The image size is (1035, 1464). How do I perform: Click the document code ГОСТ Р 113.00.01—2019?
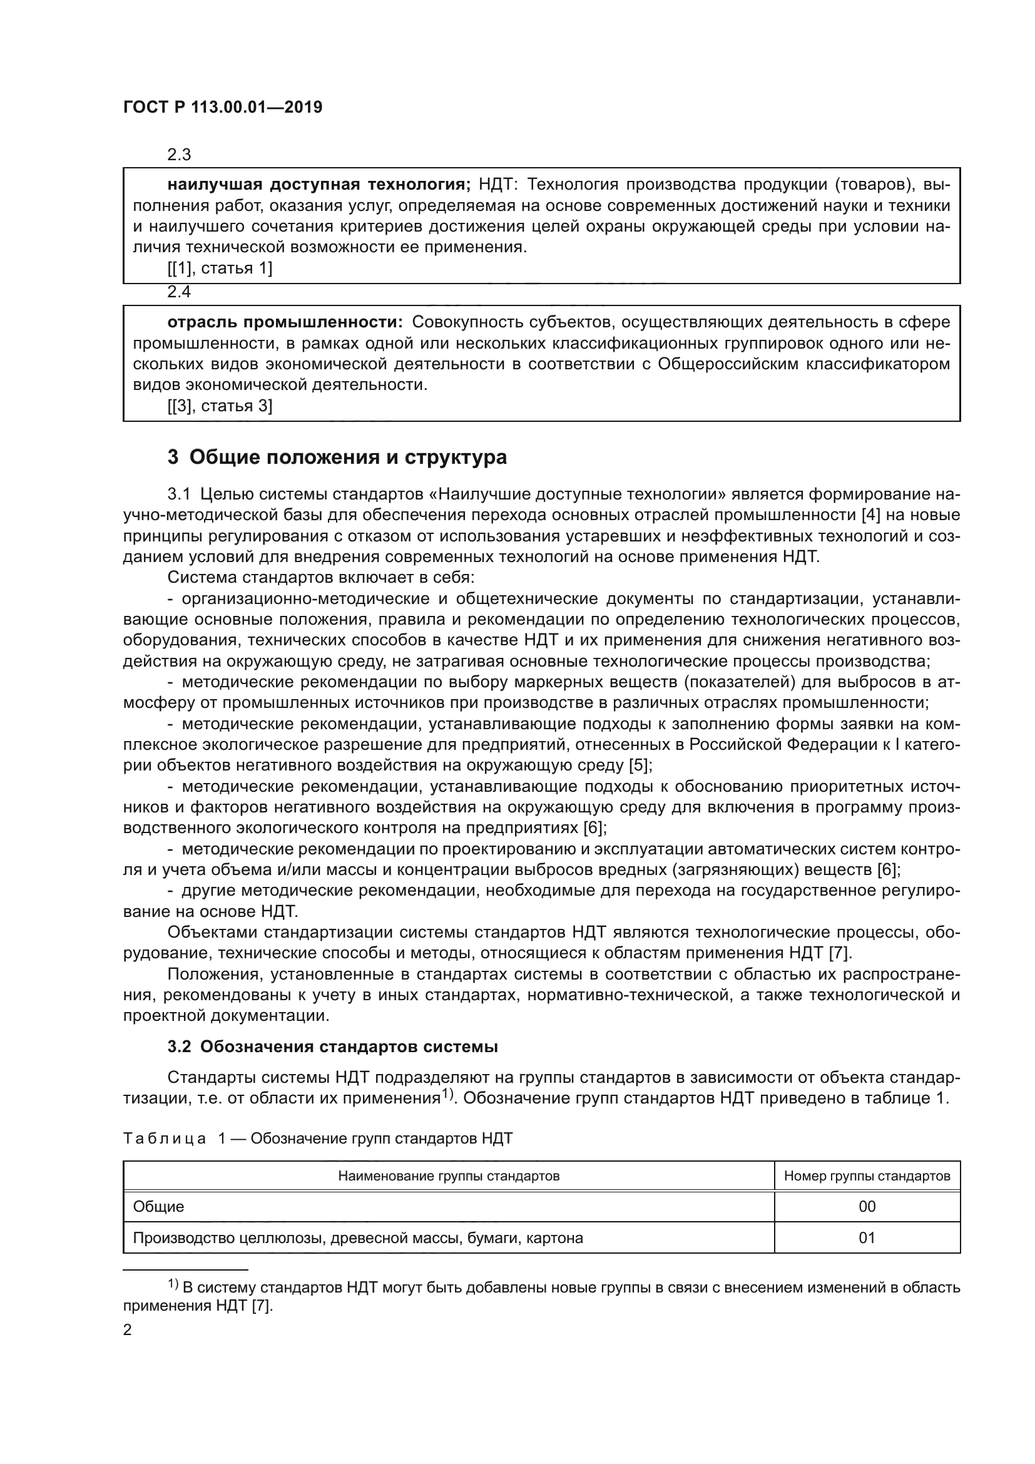coord(222,107)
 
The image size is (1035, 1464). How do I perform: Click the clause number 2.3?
coord(179,155)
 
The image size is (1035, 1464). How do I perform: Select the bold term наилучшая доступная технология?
coord(318,185)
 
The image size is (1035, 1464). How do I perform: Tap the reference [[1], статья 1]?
coord(220,269)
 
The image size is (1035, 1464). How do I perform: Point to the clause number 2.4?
coord(179,292)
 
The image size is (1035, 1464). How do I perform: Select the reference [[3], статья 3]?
coord(220,406)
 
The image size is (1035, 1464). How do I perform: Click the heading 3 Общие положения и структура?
coord(337,457)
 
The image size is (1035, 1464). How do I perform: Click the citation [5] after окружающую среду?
coord(640,765)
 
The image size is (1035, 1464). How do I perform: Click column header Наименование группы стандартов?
coord(449,1176)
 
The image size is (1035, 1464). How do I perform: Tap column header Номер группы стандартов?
coord(867,1176)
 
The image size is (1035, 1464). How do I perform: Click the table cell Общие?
coord(159,1206)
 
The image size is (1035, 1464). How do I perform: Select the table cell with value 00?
coord(867,1206)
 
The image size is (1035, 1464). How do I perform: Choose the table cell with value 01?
coord(867,1237)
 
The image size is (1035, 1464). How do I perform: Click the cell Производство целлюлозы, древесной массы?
coord(357,1237)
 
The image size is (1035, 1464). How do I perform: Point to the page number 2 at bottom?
coord(128,1330)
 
